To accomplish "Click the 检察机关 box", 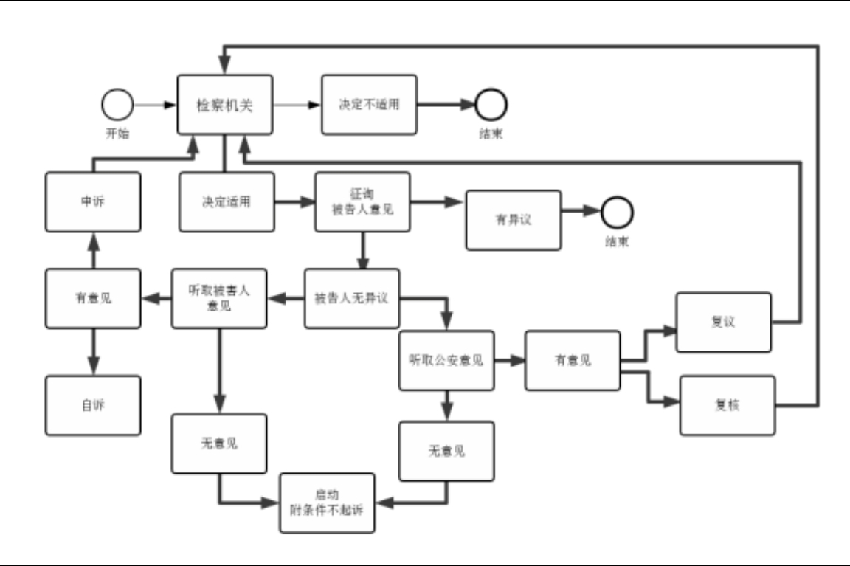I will tap(225, 104).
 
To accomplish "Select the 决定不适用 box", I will tap(369, 104).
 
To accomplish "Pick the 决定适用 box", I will tap(227, 201).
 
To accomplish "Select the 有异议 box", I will tap(513, 220).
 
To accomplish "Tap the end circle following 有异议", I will tap(617, 213).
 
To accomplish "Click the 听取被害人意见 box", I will tap(219, 298).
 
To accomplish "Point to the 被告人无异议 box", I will tap(352, 298).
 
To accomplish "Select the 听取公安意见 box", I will tap(446, 361).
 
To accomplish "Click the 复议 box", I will tap(723, 322).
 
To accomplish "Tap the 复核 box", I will tap(728, 405).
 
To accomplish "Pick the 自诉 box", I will tap(93, 405).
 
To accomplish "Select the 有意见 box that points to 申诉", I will tap(93, 298).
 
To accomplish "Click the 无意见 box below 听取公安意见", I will tap(446, 451).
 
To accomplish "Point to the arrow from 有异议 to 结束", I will tap(581, 213).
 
